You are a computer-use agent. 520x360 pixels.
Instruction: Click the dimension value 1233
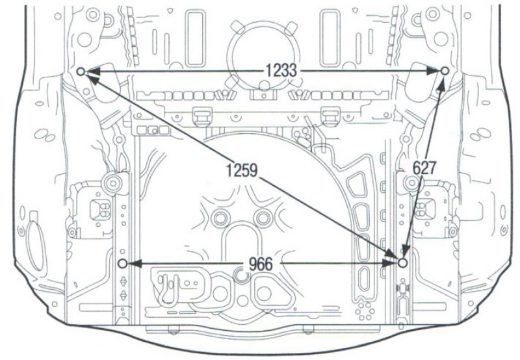point(281,71)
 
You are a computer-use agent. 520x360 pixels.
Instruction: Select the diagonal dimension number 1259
point(242,170)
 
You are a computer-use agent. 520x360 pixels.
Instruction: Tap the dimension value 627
point(424,168)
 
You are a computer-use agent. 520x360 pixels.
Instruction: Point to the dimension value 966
point(261,264)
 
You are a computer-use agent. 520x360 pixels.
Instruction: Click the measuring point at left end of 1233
point(81,71)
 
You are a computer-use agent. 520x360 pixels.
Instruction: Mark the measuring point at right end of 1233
point(445,70)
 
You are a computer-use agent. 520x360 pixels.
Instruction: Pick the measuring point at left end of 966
point(122,264)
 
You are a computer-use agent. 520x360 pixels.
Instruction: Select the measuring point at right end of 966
point(402,263)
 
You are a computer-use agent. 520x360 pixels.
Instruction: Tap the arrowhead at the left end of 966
point(135,264)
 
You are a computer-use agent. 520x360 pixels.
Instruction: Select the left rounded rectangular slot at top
point(194,38)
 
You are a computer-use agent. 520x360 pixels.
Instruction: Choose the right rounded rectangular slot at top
point(330,38)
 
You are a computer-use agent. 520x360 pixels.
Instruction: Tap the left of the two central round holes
point(220,218)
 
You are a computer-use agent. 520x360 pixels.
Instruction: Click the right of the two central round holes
point(263,218)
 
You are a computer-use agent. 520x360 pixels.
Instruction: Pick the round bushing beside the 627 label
point(412,183)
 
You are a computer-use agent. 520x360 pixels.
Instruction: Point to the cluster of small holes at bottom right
point(365,311)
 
